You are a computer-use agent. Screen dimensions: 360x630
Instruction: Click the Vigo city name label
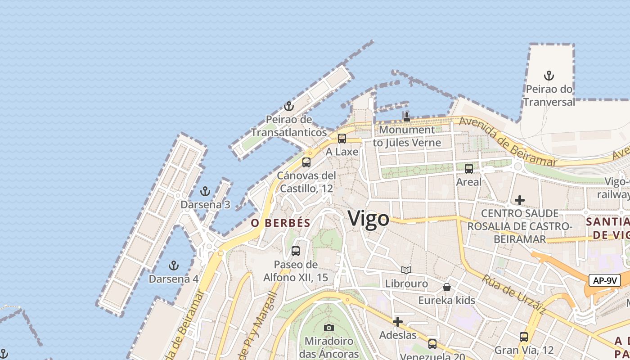point(369,219)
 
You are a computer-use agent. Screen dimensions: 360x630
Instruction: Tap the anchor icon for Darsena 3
point(205,191)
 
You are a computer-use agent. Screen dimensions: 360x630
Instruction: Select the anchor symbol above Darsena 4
point(173,265)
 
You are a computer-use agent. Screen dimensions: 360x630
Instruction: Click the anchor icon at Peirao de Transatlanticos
point(289,106)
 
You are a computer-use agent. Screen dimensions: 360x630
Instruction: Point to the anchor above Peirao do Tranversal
point(549,76)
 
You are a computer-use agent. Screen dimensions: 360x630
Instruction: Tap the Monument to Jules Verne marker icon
point(407,117)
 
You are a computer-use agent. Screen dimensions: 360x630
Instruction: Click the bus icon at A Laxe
point(342,139)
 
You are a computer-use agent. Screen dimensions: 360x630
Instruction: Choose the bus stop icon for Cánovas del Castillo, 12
point(306,162)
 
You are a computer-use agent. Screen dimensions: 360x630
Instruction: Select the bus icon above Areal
point(469,169)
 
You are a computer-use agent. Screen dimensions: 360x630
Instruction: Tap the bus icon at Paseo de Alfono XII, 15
point(296,251)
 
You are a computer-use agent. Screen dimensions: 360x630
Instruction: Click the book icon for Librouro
point(406,270)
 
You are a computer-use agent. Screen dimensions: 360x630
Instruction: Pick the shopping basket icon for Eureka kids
point(447,287)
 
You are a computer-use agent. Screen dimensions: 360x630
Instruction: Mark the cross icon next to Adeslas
point(398,322)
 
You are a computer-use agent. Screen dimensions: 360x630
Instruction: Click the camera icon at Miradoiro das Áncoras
point(329,328)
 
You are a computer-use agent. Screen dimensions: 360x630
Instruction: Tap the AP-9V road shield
point(605,281)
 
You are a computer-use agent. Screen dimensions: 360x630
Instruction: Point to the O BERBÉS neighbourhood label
point(281,223)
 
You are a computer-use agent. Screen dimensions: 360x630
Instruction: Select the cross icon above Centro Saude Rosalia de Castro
point(520,200)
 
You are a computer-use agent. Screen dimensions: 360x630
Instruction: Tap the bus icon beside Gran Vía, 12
point(524,337)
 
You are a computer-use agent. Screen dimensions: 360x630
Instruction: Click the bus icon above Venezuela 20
point(432,344)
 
